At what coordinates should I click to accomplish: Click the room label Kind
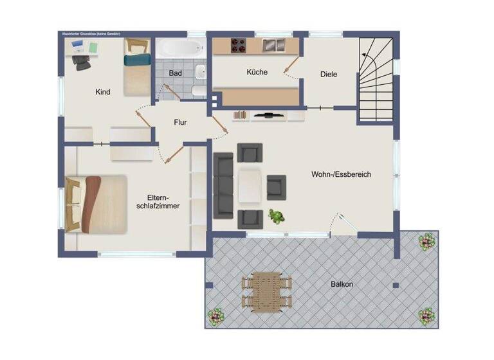pos(102,92)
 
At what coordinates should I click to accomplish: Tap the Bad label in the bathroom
pos(175,73)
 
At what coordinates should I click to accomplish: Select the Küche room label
pos(257,72)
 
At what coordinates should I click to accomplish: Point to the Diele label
pos(329,75)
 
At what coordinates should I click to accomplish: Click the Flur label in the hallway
pos(180,122)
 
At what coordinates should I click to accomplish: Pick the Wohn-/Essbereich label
pos(341,174)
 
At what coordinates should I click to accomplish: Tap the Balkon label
pos(342,283)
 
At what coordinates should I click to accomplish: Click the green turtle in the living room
pos(277,217)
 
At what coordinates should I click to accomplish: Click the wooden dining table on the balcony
pos(266,291)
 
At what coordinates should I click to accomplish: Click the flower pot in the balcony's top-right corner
pos(425,242)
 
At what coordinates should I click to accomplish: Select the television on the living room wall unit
pos(269,115)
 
